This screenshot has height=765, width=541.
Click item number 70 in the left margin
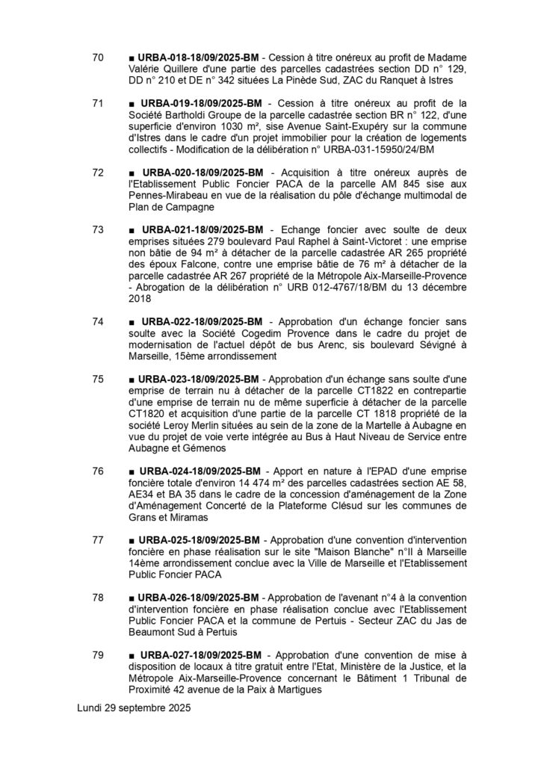tap(97, 58)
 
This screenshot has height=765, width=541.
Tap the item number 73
tap(97, 229)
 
